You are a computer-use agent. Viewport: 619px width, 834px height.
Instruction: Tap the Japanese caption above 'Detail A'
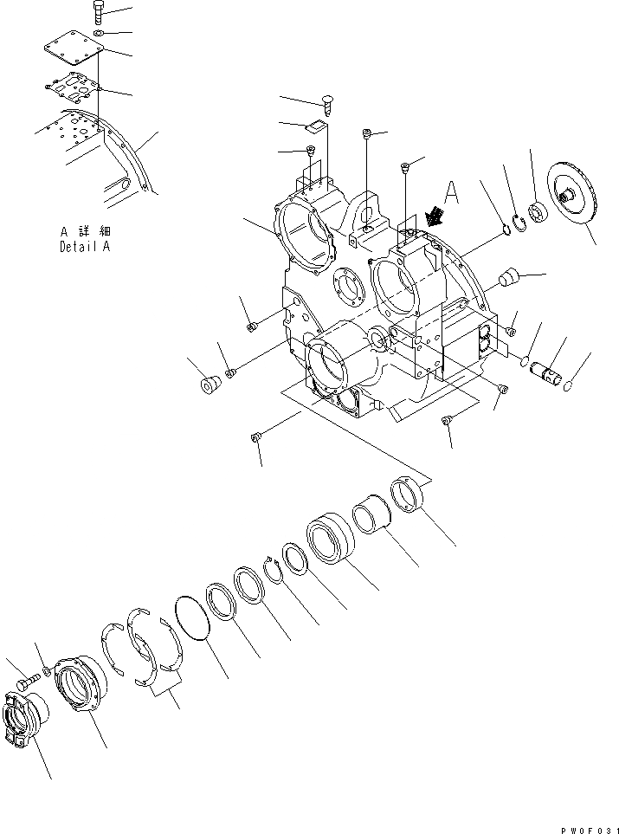[x=86, y=232]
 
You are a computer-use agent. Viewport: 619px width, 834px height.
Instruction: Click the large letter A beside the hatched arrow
[x=451, y=193]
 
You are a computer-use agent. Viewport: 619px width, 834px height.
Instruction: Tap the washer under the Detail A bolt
[x=100, y=34]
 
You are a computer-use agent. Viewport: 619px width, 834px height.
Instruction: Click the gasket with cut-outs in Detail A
[x=75, y=88]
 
